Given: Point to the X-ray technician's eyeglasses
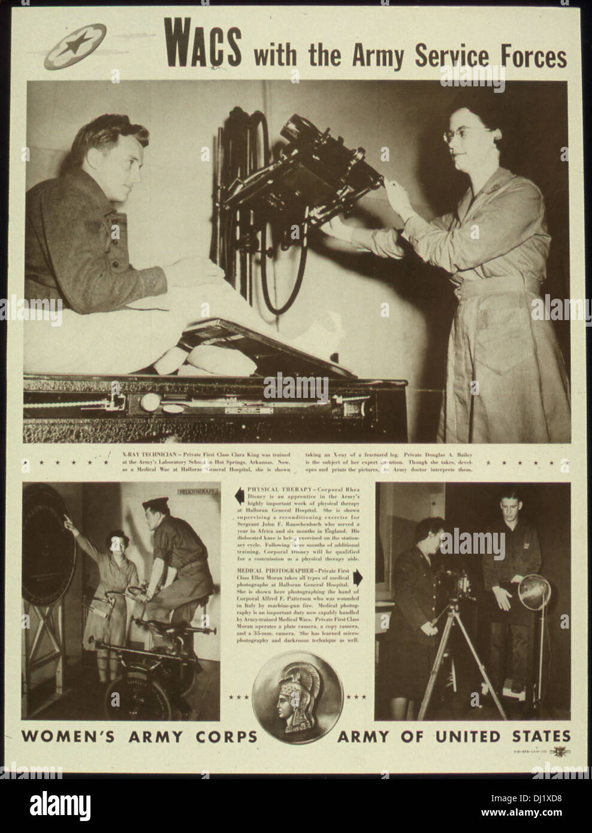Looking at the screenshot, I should pos(461,133).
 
